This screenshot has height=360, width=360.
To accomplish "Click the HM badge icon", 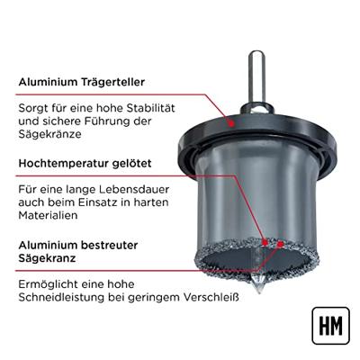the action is click(x=330, y=326).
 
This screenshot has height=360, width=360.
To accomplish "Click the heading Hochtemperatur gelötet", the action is click(x=85, y=164).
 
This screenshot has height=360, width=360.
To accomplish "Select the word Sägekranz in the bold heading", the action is click(x=47, y=258).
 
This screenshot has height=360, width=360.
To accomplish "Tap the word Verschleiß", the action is click(x=211, y=297).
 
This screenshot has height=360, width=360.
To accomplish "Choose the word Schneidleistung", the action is click(x=61, y=297).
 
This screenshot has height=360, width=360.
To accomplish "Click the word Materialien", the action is click(x=48, y=215).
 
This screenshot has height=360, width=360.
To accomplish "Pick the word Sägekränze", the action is click(x=49, y=134).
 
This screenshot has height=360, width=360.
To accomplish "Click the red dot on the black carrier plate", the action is click(x=231, y=123).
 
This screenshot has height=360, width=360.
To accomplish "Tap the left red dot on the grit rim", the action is click(x=265, y=242).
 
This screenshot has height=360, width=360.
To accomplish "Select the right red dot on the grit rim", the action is click(x=280, y=244).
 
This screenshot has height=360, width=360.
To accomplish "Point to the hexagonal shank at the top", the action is click(x=257, y=78).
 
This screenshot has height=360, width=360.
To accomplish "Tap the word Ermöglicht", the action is click(x=47, y=284).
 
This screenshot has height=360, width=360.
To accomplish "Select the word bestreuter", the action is click(x=110, y=245).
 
